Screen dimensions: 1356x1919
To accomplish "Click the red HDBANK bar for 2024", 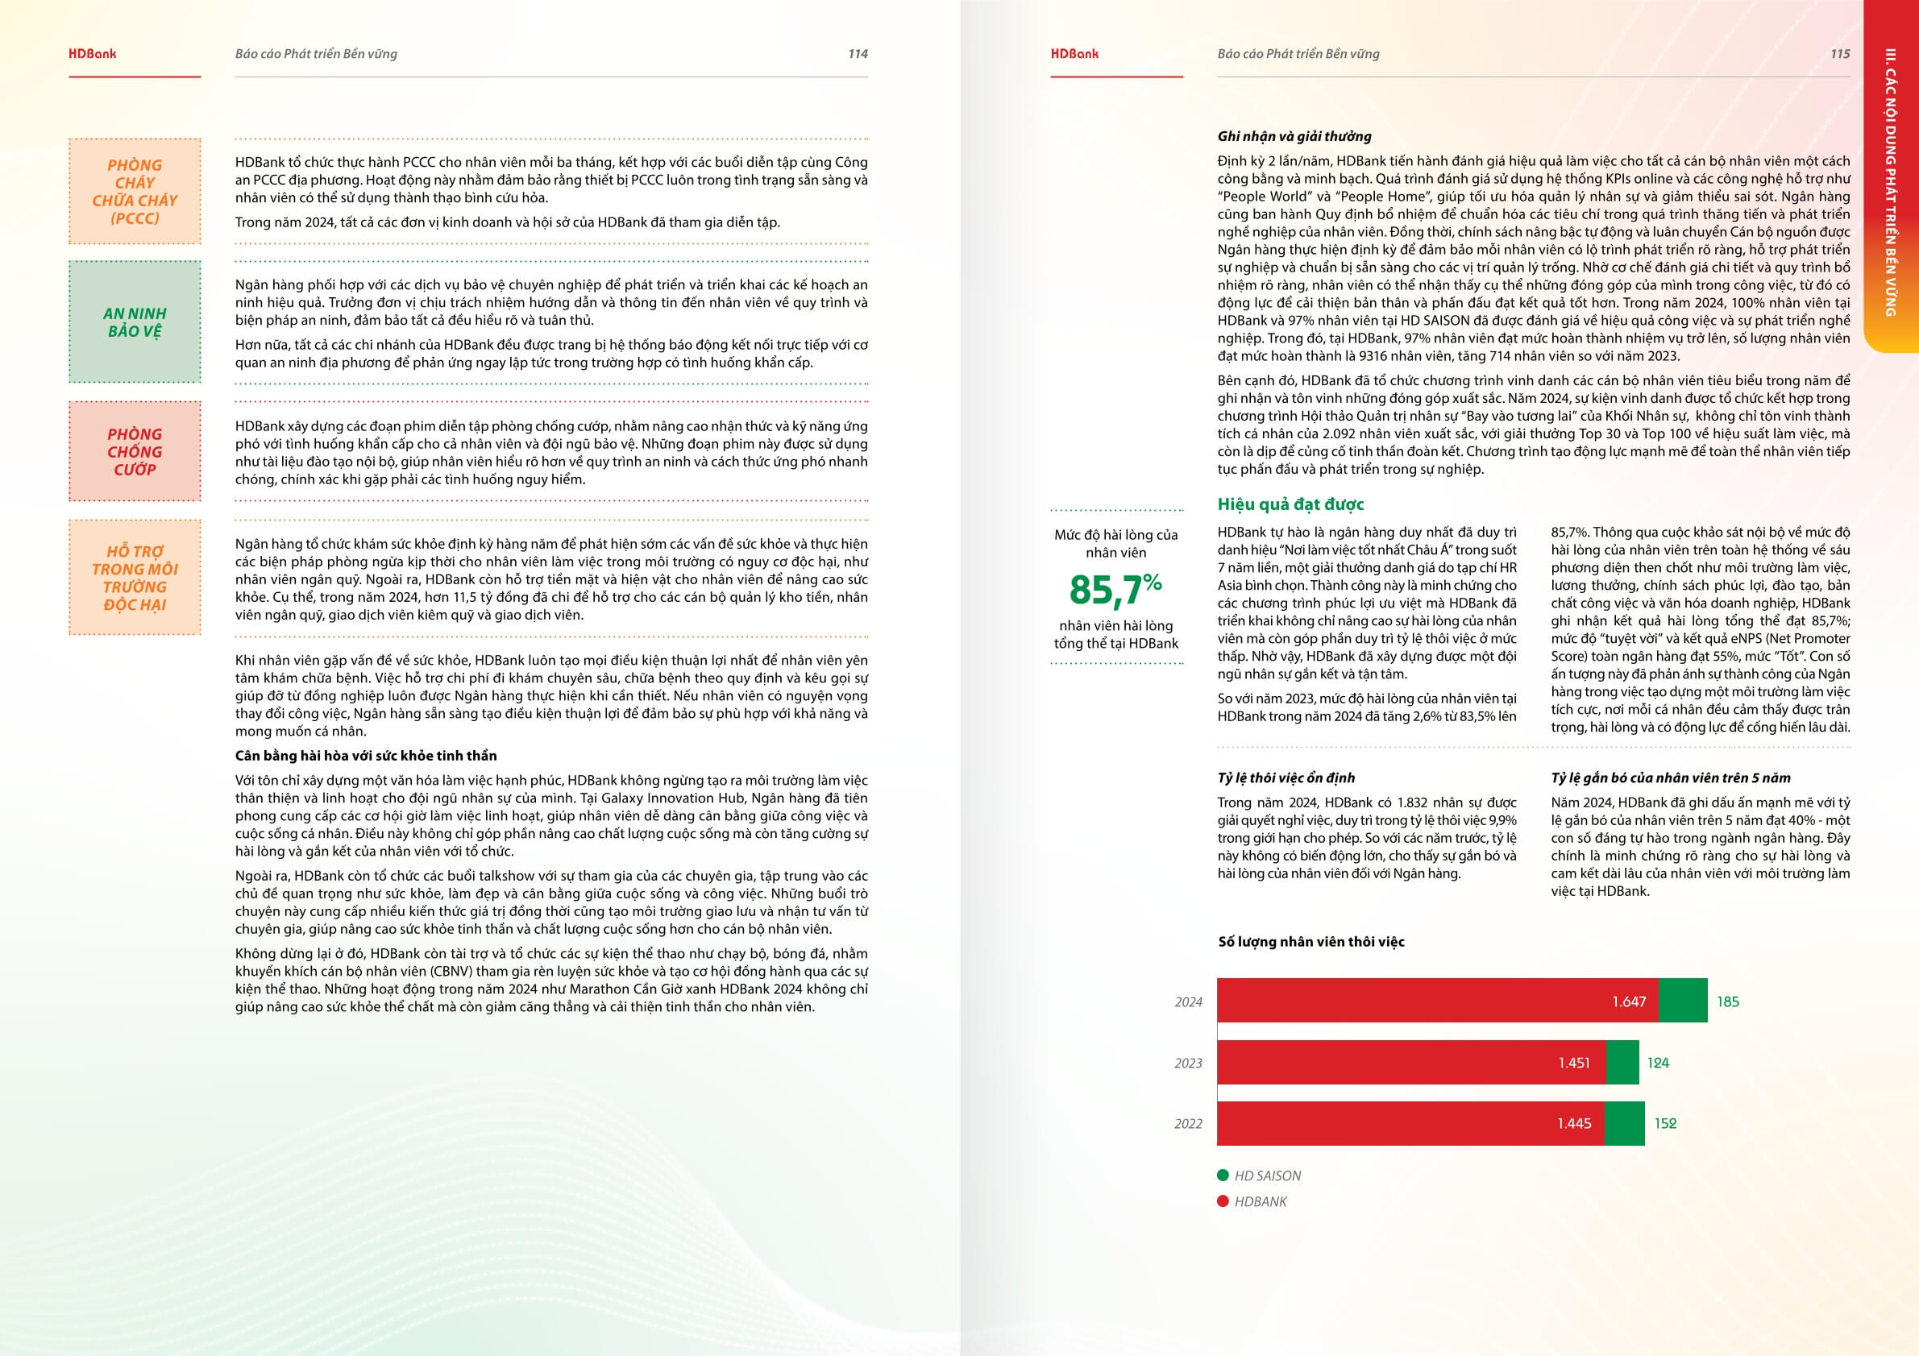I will tap(1421, 1000).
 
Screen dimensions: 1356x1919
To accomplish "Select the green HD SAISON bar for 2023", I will tap(1622, 1062).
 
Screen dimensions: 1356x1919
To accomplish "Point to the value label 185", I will tap(1728, 1001).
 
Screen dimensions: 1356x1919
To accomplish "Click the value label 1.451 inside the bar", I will tap(1574, 1063).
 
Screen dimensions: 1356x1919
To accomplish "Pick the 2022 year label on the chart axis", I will tap(1188, 1124).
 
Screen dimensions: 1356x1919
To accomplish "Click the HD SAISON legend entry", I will tap(1267, 1176).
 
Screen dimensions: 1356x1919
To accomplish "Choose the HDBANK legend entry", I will tap(1261, 1201).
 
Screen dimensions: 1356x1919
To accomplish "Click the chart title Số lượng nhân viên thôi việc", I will tap(1310, 942).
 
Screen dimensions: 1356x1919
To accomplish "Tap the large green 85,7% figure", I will tap(1115, 589).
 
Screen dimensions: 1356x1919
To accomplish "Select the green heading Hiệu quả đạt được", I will tap(1290, 504).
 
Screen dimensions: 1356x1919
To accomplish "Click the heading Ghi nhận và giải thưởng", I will tap(1294, 136).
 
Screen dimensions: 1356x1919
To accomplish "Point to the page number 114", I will tap(858, 53).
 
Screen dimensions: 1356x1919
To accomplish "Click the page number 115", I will tap(1839, 53).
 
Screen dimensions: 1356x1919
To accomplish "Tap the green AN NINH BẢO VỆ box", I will tap(135, 321).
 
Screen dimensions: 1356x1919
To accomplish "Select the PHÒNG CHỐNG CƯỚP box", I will tap(135, 451).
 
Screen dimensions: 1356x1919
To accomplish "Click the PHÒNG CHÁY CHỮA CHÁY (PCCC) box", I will tap(135, 191).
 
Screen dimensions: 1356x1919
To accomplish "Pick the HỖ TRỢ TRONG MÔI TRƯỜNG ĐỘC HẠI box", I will tap(135, 578).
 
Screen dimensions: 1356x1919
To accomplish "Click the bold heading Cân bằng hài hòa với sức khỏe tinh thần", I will tap(365, 755).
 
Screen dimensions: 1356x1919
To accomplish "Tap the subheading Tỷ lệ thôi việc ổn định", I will tap(1286, 778).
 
